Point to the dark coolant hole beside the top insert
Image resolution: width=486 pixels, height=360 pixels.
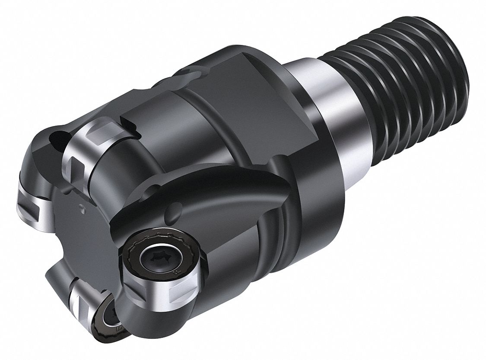[54, 139]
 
